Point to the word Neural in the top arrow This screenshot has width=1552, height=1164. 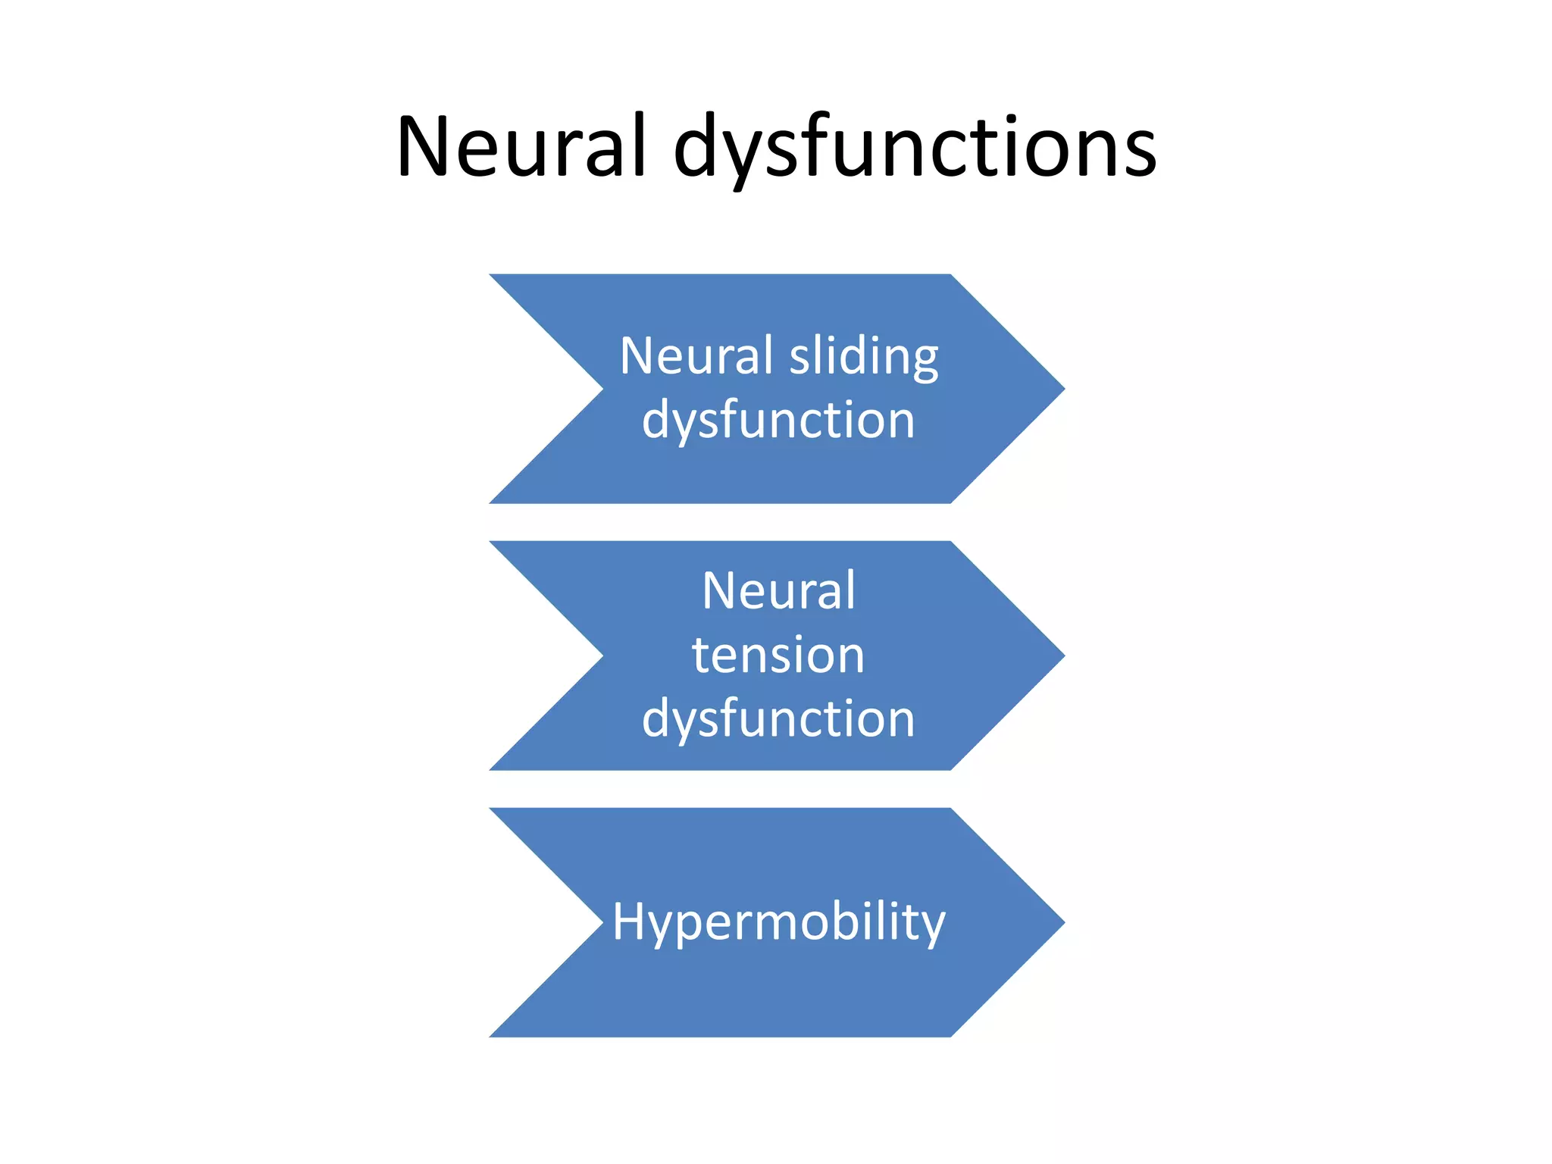(x=696, y=356)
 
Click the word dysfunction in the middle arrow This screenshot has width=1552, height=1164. (x=778, y=718)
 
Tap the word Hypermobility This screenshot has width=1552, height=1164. (x=778, y=922)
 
